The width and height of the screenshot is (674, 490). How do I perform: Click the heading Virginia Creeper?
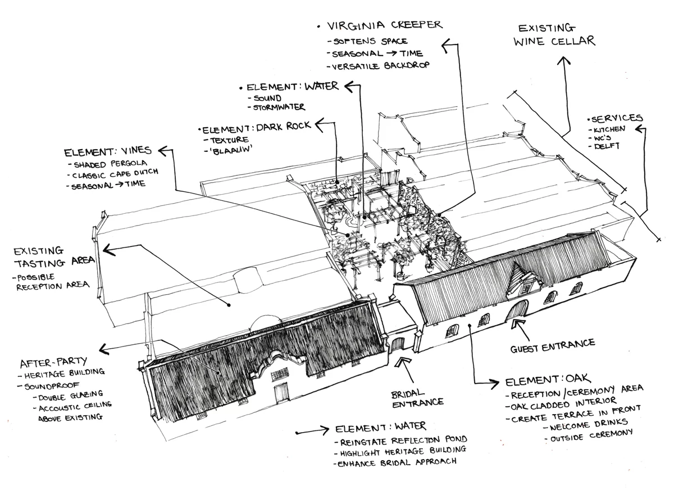click(x=385, y=25)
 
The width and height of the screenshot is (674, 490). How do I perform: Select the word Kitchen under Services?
click(x=609, y=129)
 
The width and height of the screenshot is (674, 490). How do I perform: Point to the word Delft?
click(x=607, y=146)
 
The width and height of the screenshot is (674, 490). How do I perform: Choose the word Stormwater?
click(x=279, y=107)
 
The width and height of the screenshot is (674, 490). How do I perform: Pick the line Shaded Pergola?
click(x=110, y=164)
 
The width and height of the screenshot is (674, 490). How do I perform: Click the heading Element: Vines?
click(x=108, y=151)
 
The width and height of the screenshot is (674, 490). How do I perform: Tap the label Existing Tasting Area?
click(x=54, y=257)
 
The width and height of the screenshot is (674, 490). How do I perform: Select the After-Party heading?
click(x=53, y=362)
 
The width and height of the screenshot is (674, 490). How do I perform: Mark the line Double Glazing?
click(x=71, y=395)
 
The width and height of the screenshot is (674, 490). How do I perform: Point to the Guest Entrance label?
click(x=553, y=346)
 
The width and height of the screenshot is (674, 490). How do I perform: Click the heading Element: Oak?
click(x=548, y=380)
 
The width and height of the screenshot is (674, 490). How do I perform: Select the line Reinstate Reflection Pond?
click(x=404, y=441)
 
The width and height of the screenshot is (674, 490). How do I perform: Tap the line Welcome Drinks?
click(x=588, y=425)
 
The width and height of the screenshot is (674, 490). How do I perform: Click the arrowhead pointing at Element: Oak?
click(x=494, y=384)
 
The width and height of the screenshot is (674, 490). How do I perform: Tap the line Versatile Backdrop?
click(x=381, y=66)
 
